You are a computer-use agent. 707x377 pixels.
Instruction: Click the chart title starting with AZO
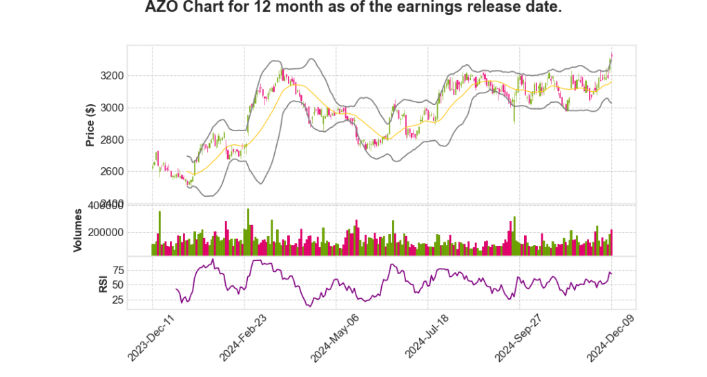(353, 8)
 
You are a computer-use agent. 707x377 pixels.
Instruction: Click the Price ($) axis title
(90, 125)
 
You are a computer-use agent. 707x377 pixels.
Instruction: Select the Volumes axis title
(79, 230)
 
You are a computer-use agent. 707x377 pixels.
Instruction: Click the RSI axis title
(103, 283)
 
